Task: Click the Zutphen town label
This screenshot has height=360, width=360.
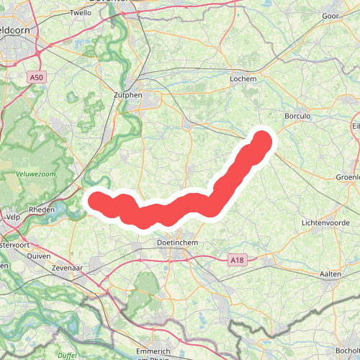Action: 128,94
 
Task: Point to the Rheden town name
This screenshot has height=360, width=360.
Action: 42,210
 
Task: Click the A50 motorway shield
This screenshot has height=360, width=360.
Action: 37,76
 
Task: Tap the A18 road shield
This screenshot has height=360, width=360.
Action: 238,259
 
